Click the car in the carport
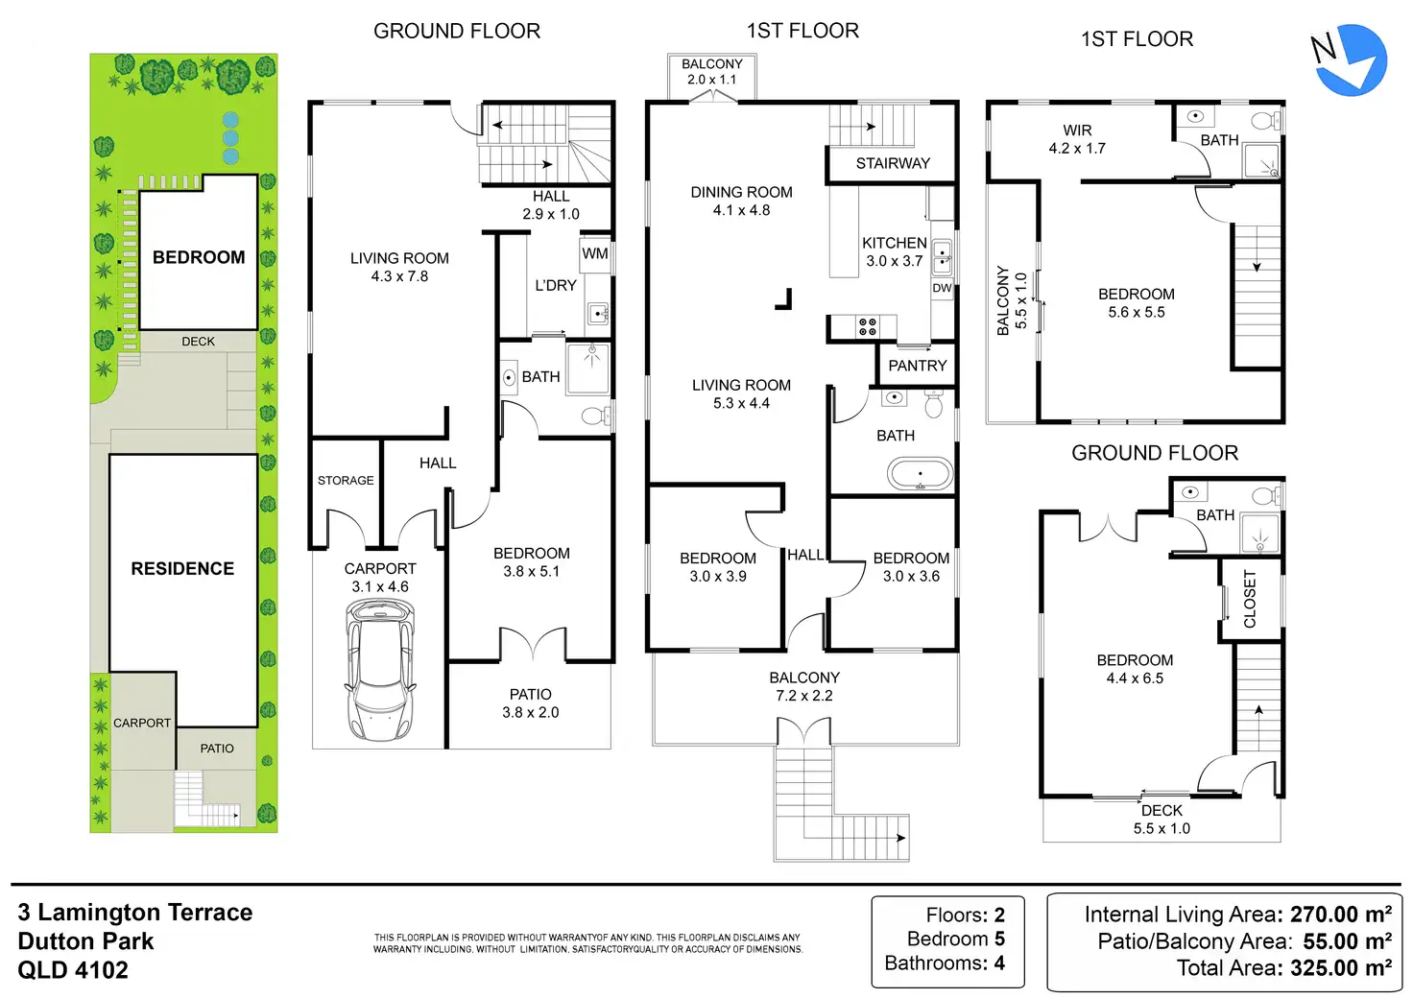click(x=380, y=670)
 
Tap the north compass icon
click(x=1350, y=60)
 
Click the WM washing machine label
click(x=595, y=253)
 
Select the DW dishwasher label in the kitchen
click(x=942, y=288)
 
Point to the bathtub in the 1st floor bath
click(x=920, y=474)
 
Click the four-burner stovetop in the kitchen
click(x=867, y=326)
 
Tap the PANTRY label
click(x=917, y=366)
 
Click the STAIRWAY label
click(x=893, y=163)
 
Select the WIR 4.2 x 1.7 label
click(x=1077, y=139)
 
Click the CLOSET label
click(x=1249, y=599)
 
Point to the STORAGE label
click(x=346, y=480)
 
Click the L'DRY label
click(x=556, y=285)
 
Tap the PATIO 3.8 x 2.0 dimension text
click(x=530, y=712)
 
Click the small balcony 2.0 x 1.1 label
click(x=711, y=72)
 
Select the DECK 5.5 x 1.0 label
click(x=1162, y=820)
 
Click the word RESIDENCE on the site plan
click(x=182, y=568)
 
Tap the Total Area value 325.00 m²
click(x=1341, y=967)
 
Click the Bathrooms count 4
click(x=999, y=963)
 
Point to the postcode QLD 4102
click(x=73, y=969)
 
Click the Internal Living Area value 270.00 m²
click(x=1340, y=915)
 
